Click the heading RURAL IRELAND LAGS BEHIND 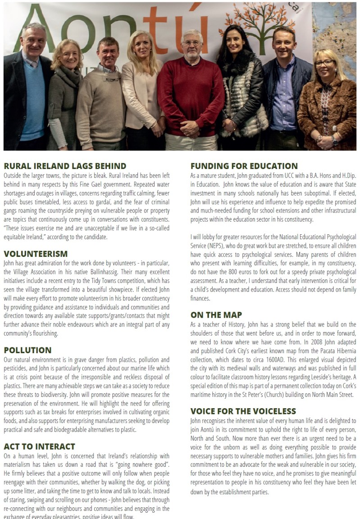[x=65, y=166]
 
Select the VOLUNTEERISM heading [x=36, y=254]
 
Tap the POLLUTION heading [x=27, y=350]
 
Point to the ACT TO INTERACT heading [x=39, y=446]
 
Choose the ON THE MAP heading [x=216, y=315]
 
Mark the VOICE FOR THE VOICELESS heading [x=243, y=411]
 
